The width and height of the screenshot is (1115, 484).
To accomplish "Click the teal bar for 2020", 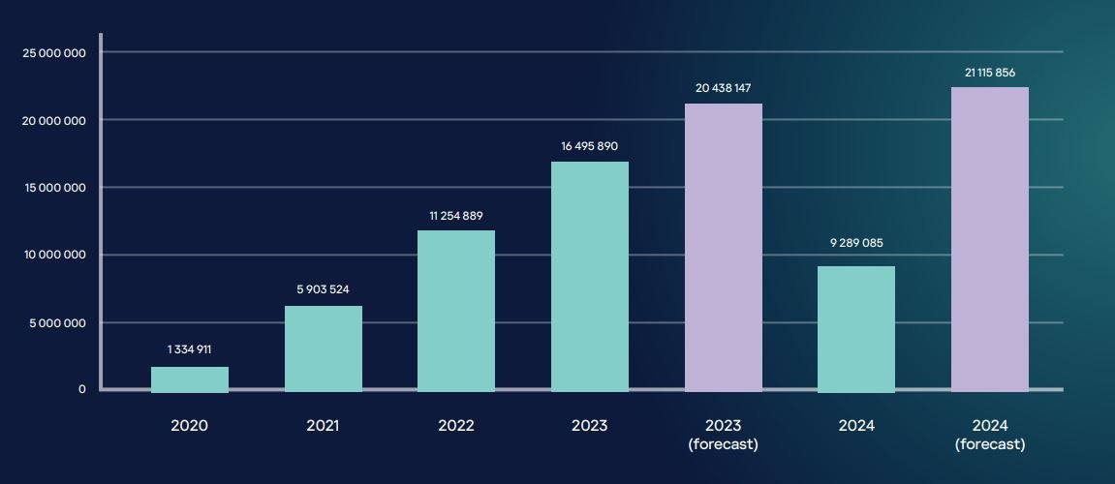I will [x=190, y=378].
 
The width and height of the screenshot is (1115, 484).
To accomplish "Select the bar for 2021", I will [x=324, y=348].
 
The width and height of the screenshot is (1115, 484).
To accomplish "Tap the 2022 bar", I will [x=456, y=311].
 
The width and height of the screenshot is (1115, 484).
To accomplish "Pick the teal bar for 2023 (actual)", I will [x=590, y=276].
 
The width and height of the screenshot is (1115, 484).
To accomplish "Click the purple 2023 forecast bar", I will [x=724, y=247].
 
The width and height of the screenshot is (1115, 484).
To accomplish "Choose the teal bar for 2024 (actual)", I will [x=856, y=328].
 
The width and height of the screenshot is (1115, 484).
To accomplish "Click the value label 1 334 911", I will [x=190, y=349].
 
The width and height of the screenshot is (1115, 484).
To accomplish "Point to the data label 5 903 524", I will [x=324, y=289].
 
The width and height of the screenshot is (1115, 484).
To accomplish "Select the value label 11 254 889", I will [x=456, y=216].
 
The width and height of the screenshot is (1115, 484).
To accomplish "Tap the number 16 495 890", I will [x=590, y=146].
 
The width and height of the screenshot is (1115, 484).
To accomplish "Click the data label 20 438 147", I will [x=724, y=88].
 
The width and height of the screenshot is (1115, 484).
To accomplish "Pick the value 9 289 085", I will [x=856, y=243].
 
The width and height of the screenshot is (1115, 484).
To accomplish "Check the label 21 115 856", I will [x=990, y=73].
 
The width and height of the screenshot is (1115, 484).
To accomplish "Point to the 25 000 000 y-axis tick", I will [x=54, y=52].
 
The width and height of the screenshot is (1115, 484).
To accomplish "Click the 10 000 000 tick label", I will [x=54, y=255].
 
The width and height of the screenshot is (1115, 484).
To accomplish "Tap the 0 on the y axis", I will [x=82, y=389].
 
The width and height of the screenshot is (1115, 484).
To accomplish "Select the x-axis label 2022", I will [x=456, y=426].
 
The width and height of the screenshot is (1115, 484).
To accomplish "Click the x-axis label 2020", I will [x=190, y=426].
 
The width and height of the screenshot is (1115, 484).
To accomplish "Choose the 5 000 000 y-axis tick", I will [x=58, y=322].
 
